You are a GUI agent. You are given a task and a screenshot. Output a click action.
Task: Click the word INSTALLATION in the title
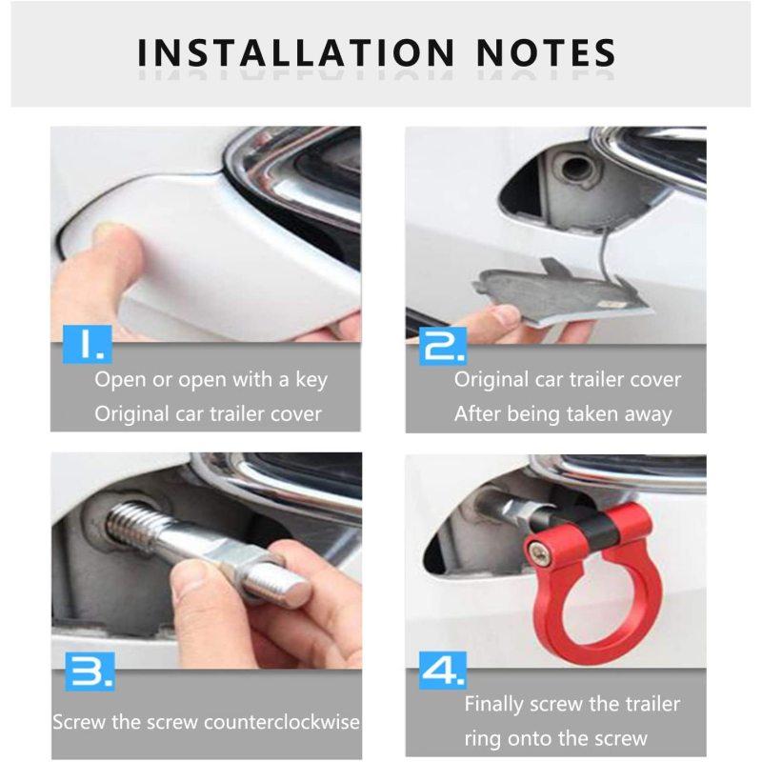296,53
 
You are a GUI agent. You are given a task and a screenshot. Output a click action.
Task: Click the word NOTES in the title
546,53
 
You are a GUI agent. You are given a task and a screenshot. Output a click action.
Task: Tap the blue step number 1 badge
88,344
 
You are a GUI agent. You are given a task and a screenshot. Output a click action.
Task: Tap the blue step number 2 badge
443,346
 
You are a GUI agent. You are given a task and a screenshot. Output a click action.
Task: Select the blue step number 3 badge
90,672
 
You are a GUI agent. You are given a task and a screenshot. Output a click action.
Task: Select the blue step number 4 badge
442,671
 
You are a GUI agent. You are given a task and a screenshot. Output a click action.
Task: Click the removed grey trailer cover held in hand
559,291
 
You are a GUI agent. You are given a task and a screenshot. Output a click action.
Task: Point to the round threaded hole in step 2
576,169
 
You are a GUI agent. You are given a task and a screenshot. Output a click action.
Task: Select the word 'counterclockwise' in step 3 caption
282,722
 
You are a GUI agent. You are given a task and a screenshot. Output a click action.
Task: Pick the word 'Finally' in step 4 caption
493,705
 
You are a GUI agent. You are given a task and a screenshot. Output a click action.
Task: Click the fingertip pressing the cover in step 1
110,233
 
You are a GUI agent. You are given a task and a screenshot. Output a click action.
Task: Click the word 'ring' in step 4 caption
482,739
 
